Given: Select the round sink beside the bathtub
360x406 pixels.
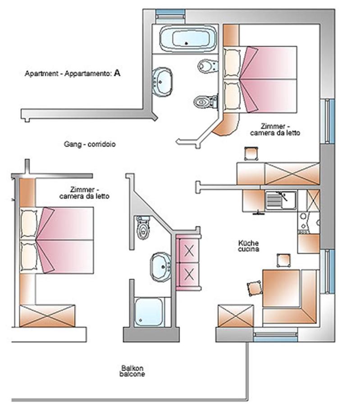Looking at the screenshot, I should pyautogui.click(x=162, y=81).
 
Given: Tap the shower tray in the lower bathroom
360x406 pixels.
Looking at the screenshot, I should pyautogui.click(x=149, y=311).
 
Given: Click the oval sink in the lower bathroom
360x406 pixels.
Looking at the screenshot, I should pyautogui.click(x=160, y=266).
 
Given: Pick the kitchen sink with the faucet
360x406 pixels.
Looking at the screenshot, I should pyautogui.click(x=280, y=200).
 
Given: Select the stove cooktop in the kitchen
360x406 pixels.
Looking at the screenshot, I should pyautogui.click(x=308, y=223).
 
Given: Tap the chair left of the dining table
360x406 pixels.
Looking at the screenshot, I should pyautogui.click(x=255, y=287).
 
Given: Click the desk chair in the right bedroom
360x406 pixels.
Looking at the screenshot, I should pyautogui.click(x=251, y=153).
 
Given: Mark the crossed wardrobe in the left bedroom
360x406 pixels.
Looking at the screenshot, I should pyautogui.click(x=47, y=315).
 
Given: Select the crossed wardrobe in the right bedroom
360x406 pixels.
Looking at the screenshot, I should pyautogui.click(x=292, y=174).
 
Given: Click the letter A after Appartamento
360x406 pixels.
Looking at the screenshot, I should pyautogui.click(x=117, y=72).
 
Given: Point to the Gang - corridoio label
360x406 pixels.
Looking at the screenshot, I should pyautogui.click(x=90, y=145).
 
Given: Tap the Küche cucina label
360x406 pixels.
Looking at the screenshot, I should pyautogui.click(x=248, y=245).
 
